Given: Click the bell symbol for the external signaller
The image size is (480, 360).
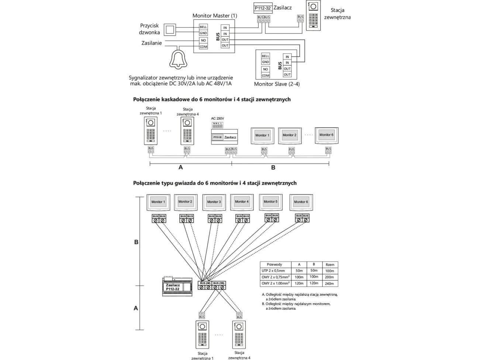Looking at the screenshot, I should [179, 59].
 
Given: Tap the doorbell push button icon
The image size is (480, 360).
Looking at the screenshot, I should [170, 30].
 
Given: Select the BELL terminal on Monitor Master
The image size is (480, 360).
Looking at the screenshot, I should [203, 27].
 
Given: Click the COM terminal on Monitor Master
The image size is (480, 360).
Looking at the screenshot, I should [203, 47].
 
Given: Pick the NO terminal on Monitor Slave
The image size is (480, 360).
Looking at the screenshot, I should [265, 69].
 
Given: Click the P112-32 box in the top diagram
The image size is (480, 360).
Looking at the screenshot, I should [263, 8].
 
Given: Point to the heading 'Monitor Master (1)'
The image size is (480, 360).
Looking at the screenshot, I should [215, 16].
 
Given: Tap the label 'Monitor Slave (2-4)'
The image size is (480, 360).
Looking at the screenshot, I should [277, 84].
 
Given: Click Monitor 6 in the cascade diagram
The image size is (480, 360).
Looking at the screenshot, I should [326, 135].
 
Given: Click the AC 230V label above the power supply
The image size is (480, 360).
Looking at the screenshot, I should [218, 118].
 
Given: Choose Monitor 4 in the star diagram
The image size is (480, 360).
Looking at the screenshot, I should [242, 202].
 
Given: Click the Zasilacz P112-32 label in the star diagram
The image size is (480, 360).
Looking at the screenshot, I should [173, 287].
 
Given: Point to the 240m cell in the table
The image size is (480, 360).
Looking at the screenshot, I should [329, 284].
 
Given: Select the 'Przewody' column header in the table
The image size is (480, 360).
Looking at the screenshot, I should [274, 264].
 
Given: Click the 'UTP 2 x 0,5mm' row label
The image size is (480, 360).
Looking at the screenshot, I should [273, 271].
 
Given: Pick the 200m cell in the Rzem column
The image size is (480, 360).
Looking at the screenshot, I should [329, 277].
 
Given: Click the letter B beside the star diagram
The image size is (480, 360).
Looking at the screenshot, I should [136, 242].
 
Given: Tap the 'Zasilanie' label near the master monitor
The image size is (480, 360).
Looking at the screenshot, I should [152, 43].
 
